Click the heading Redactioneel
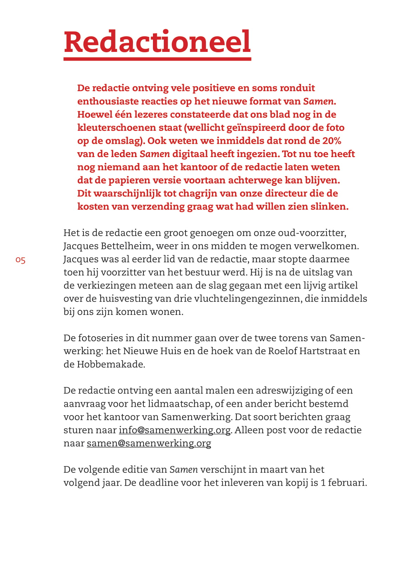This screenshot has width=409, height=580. pos(157,42)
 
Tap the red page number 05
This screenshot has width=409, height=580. pos(20,260)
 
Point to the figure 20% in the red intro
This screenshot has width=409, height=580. pos(331,141)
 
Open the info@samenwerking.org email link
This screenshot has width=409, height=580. pos(175,430)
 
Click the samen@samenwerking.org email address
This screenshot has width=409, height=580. pos(149,443)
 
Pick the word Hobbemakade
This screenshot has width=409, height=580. pos(110,364)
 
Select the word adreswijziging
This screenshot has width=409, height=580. pos(289,391)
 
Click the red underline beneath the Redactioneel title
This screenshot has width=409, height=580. pos(157,59)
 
